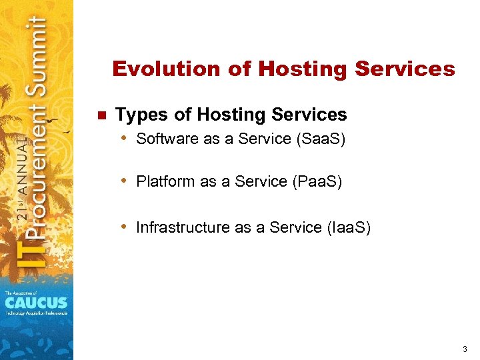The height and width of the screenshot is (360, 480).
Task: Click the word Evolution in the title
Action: pos(155,69)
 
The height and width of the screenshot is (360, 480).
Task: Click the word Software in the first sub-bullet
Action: pos(165,139)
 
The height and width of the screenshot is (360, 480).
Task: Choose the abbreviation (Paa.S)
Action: pos(317,181)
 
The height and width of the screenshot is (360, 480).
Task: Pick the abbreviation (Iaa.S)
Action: pos(348,227)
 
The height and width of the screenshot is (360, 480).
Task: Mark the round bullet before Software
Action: pos(125,139)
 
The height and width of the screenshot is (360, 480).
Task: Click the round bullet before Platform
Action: pos(125,181)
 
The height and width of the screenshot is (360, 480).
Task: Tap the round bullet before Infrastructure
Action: pos(125,227)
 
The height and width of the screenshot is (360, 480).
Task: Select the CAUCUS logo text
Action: pos(36,302)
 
